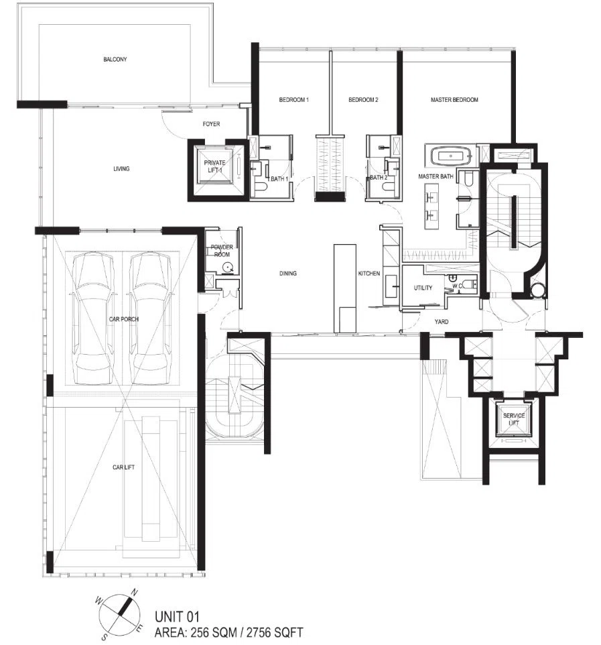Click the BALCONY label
[x=115, y=59]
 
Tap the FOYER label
[x=211, y=124]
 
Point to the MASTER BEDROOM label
[x=454, y=99]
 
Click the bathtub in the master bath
[x=450, y=156]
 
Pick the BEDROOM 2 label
[x=363, y=99]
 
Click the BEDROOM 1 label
[x=294, y=99]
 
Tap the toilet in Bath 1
[x=261, y=188]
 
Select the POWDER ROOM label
[x=222, y=251]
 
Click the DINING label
[x=287, y=273]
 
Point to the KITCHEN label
[x=369, y=273]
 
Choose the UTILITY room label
[x=423, y=288]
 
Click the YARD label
[x=442, y=322]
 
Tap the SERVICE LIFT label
[x=514, y=419]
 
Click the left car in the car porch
[x=92, y=318]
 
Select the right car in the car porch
[x=149, y=318]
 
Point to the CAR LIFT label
[x=124, y=467]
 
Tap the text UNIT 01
[x=177, y=617]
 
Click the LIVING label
[x=121, y=169]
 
